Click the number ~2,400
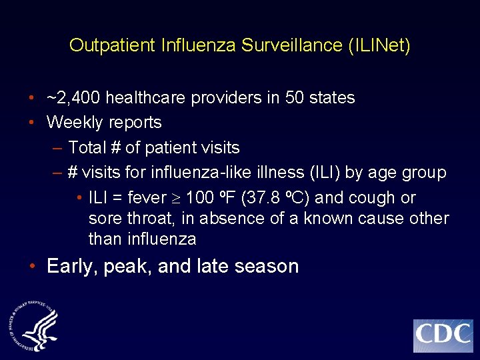pos(74,98)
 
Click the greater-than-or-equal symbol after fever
pos(176,199)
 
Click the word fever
pos(146,198)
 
